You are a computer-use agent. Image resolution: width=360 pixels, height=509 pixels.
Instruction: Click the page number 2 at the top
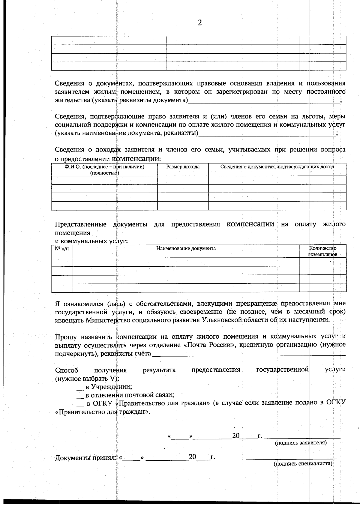200,23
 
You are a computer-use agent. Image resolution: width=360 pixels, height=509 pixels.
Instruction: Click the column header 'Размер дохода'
183,167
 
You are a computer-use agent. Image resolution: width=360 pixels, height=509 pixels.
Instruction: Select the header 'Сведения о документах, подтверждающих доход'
277,167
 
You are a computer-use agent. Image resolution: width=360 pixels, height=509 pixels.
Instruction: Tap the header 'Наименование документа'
186,248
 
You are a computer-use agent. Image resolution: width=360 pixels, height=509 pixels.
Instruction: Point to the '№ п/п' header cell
62,248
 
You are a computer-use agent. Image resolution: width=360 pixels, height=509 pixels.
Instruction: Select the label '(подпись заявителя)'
301,443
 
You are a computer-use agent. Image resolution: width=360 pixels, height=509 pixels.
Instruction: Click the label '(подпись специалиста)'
303,464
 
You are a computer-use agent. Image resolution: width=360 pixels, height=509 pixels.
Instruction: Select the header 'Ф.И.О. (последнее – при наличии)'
104,167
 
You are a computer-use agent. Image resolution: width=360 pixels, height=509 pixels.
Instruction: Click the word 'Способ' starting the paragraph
67,370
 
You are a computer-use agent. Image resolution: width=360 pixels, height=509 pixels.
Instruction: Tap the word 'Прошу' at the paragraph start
66,337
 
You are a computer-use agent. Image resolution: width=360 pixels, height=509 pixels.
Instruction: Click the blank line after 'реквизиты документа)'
264,101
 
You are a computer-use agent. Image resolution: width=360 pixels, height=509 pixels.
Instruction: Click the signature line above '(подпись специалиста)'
291,459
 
